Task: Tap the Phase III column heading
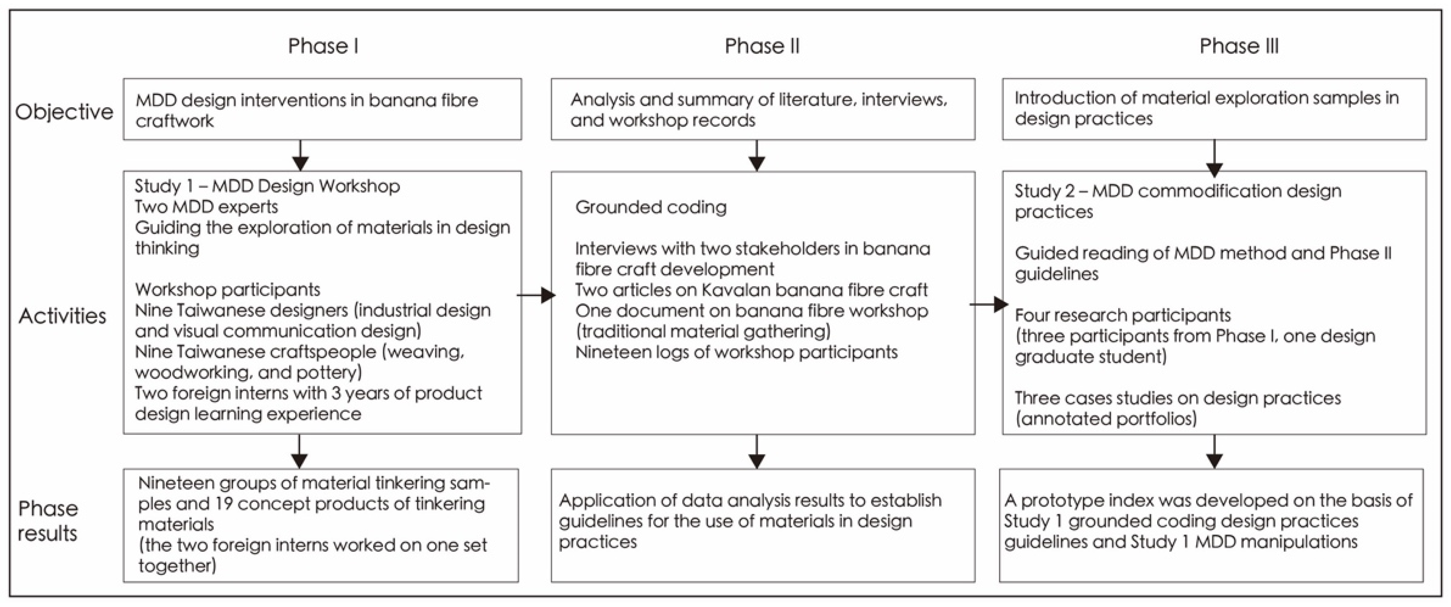[x=1239, y=46]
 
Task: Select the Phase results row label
[x=48, y=521]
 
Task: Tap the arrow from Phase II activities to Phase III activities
[x=988, y=305]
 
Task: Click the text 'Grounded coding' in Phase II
[x=651, y=207]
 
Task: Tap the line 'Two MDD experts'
[x=206, y=207]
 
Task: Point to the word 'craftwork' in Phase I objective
[x=175, y=121]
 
